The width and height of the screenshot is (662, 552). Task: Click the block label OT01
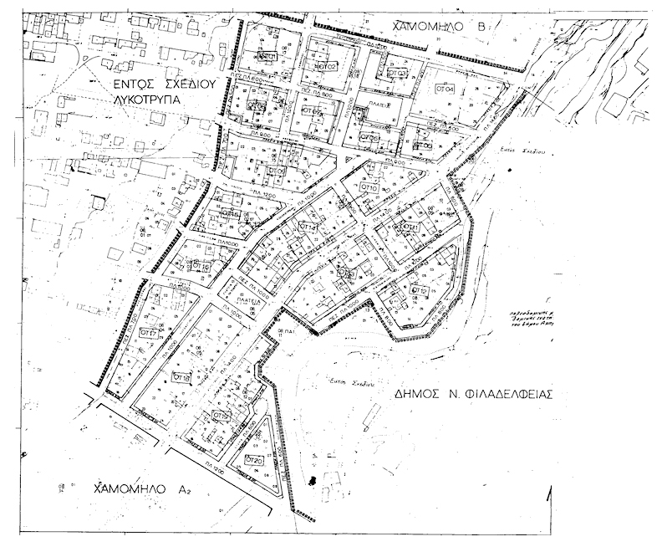pos(267,56)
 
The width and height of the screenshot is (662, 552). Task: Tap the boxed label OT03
pos(398,73)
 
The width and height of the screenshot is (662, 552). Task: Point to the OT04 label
pos(444,88)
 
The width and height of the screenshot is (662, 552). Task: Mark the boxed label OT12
pos(419,290)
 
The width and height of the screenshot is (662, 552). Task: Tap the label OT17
pos(150,333)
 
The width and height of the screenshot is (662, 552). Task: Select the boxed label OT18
pos(181,378)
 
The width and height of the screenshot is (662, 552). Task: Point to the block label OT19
pos(220,416)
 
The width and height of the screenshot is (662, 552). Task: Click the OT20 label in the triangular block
pos(254,461)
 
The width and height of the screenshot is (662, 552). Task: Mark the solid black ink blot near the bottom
pos(313,479)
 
